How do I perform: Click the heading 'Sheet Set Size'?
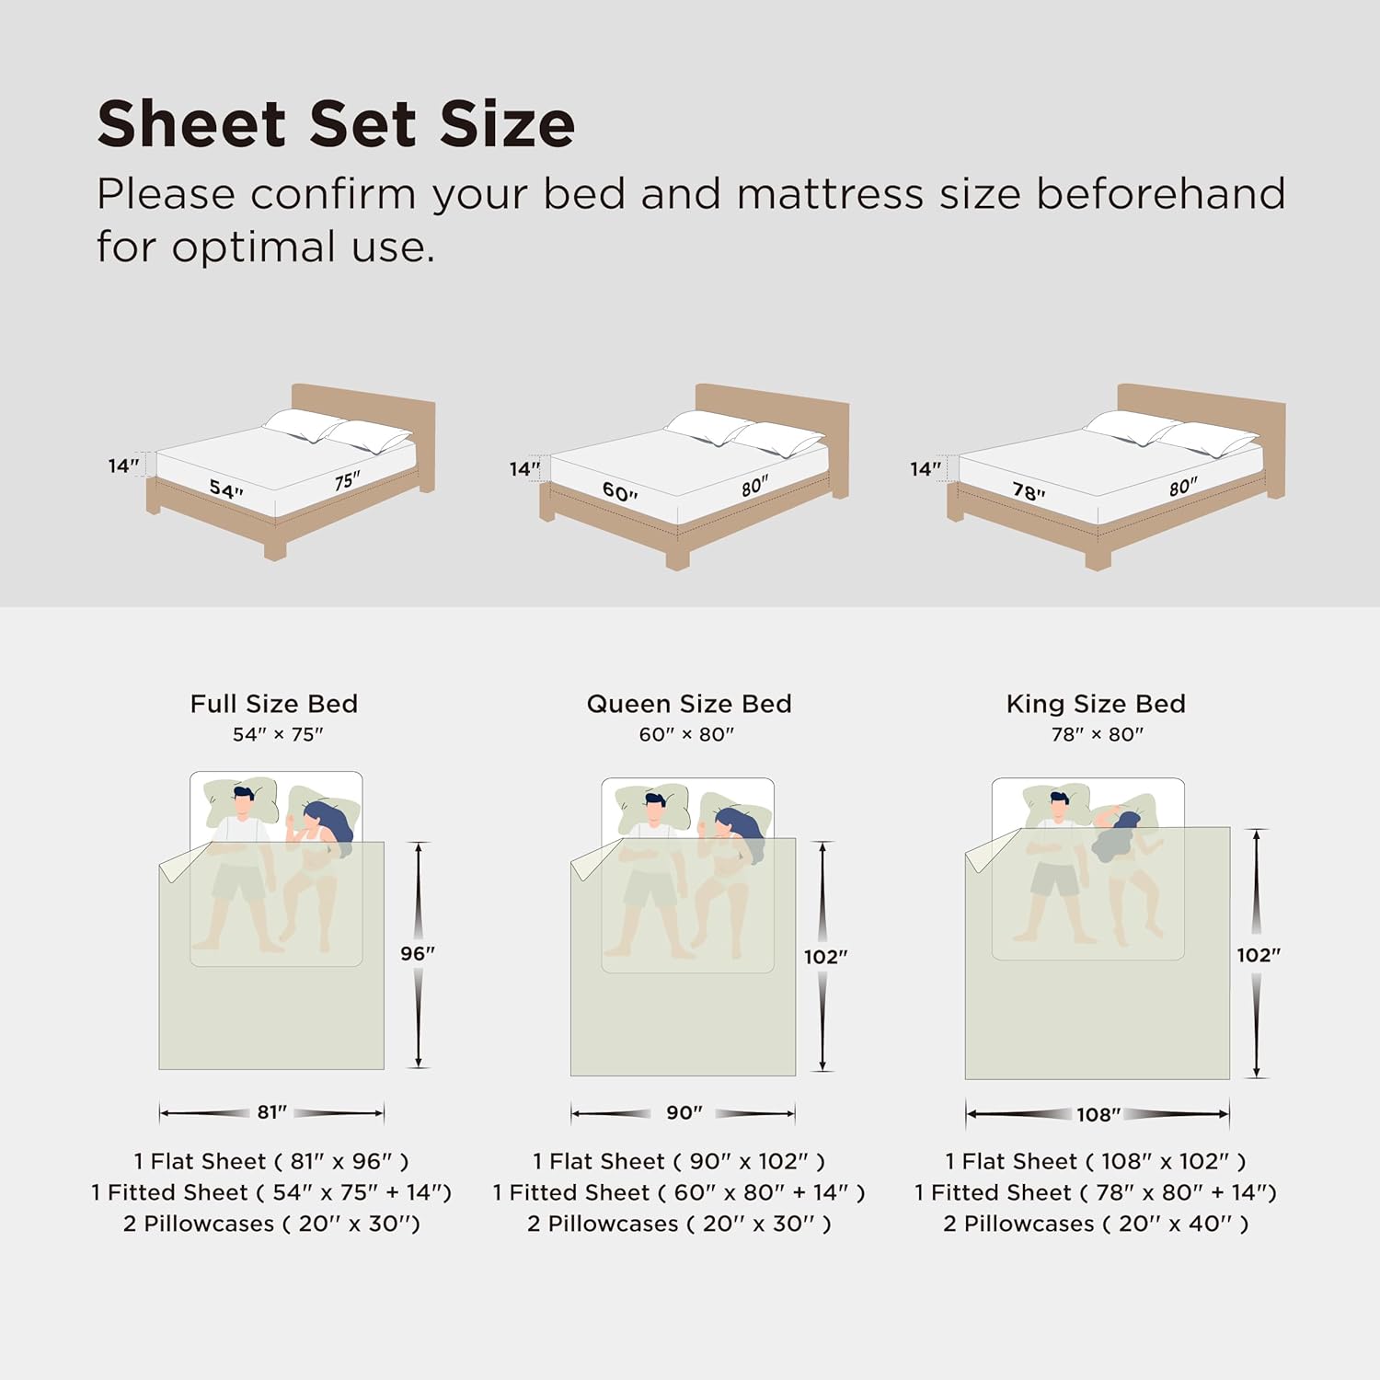point(336,124)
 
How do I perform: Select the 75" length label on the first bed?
point(347,481)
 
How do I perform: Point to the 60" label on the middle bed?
point(620,492)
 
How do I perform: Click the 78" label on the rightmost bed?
point(1029,492)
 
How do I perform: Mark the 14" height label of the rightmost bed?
point(926,469)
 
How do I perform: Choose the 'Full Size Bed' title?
point(273,704)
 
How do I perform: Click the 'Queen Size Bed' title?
point(689,704)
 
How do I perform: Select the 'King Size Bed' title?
point(1096,704)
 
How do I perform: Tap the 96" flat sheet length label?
point(418,953)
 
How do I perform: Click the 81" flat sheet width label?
point(271,1112)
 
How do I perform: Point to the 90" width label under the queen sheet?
point(684,1113)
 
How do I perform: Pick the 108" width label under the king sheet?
point(1098,1114)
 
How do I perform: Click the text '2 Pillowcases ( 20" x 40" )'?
point(1096,1224)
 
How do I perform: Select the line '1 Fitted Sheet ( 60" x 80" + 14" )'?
point(679,1192)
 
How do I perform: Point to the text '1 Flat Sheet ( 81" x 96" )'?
point(271,1161)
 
